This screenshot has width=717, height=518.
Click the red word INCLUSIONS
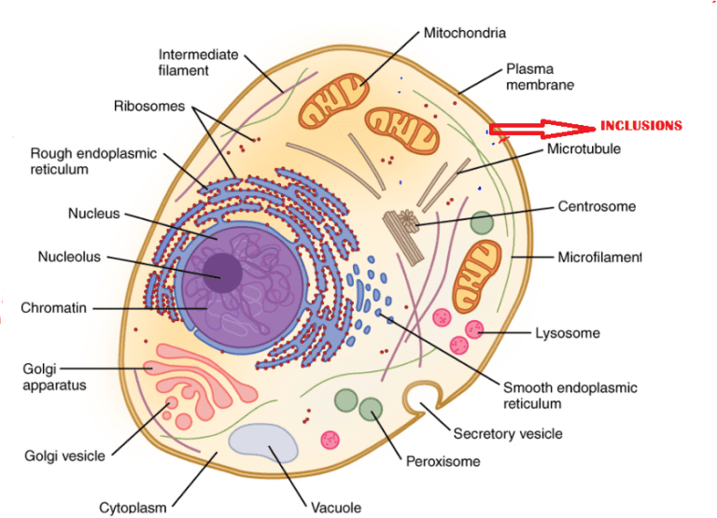[x=640, y=125]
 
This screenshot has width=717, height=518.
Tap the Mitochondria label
[x=465, y=33]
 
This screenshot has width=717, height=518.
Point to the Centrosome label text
[x=597, y=206]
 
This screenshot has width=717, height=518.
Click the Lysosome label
[x=567, y=333]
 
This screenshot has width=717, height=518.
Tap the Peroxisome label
[x=443, y=461]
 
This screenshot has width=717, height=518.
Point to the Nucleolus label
[x=69, y=257]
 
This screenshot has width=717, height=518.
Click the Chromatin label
[x=55, y=308]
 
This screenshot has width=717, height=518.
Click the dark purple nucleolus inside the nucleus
[x=223, y=273]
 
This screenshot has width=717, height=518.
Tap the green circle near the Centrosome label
[x=482, y=222]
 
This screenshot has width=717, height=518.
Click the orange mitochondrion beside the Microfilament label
[x=478, y=274]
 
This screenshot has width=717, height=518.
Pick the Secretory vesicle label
[x=507, y=434]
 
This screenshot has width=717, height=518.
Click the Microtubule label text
[x=583, y=148]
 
